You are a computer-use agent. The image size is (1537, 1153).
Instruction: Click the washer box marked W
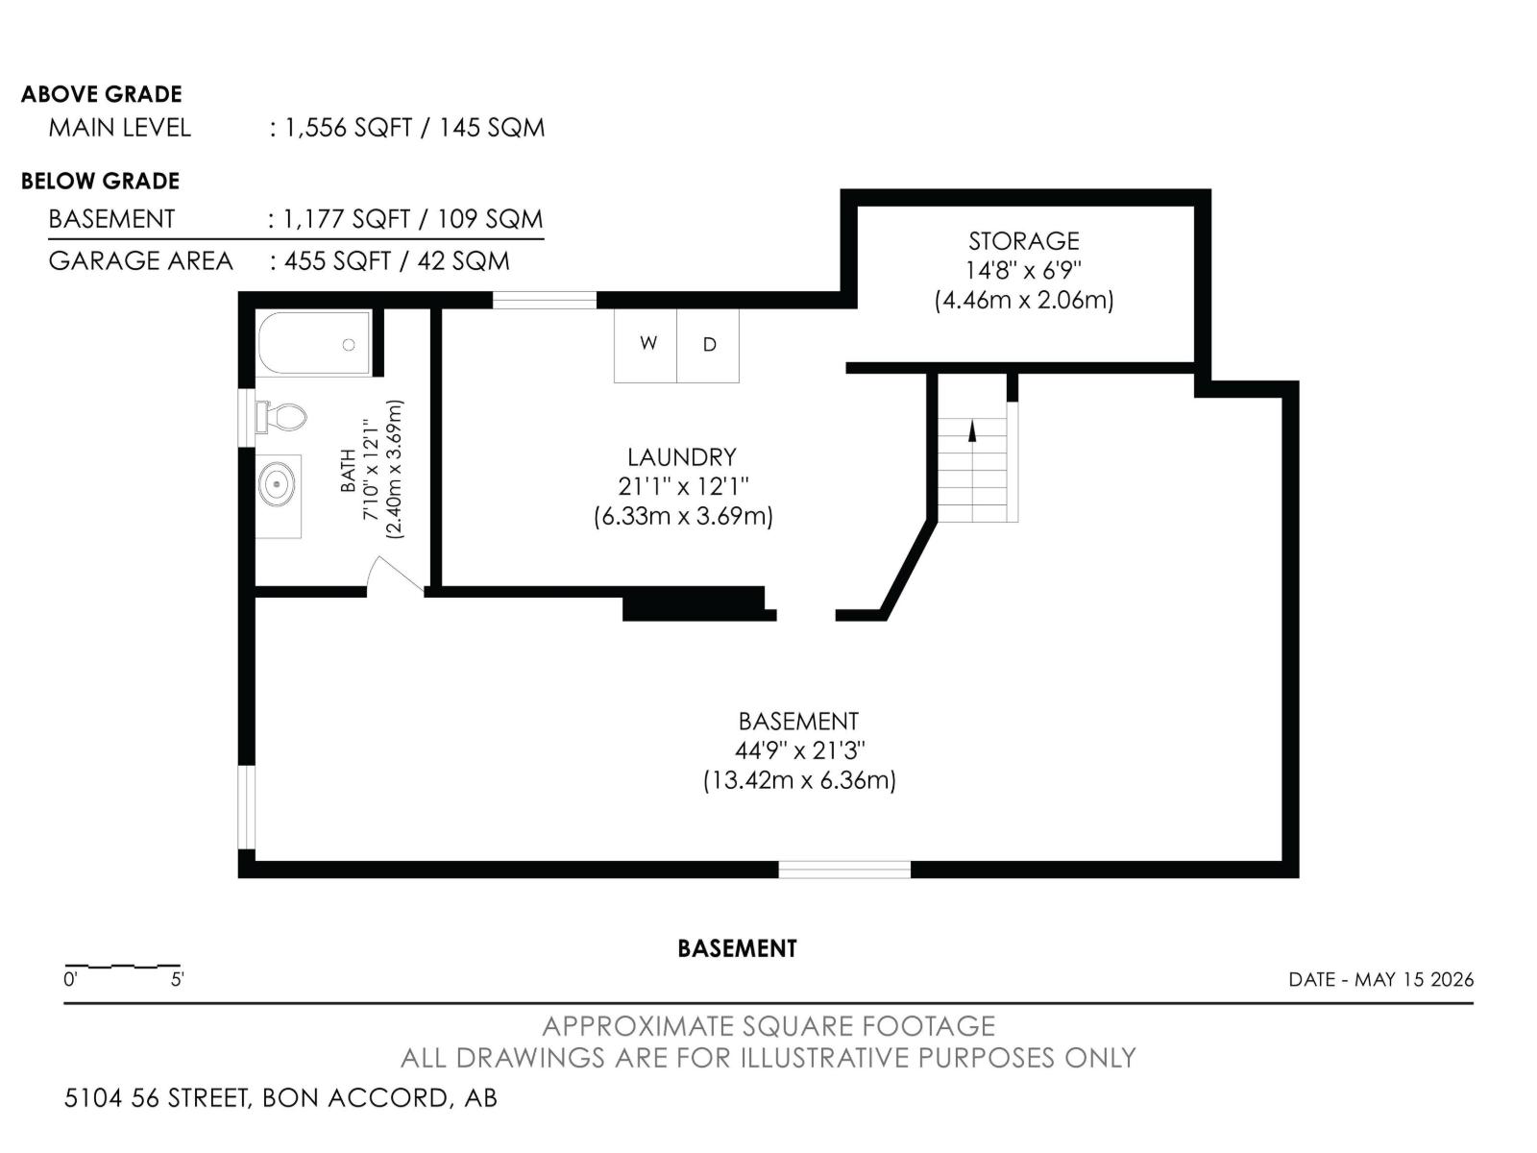tap(646, 345)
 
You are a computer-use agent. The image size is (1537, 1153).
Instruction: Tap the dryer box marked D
tap(708, 345)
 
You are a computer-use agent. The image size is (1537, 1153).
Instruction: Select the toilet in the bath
tap(281, 417)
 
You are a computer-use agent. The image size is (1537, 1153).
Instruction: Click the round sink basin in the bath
tap(278, 484)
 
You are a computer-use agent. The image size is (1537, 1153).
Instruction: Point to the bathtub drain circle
tap(349, 344)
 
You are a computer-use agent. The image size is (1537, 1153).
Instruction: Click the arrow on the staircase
tap(972, 430)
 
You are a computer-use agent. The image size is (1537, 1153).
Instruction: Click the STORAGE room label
tap(1024, 241)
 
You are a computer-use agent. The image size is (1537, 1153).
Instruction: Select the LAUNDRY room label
tap(682, 458)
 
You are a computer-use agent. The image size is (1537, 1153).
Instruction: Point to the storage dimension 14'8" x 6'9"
tap(1024, 270)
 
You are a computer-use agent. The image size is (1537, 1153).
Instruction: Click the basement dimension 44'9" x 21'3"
tap(799, 750)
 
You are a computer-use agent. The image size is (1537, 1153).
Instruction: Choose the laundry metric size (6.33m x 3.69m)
tap(683, 517)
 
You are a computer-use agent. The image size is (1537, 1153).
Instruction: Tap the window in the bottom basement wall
tap(844, 870)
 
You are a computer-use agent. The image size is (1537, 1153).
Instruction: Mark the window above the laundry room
tap(545, 301)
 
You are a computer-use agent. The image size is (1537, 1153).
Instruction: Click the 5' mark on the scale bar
tap(177, 979)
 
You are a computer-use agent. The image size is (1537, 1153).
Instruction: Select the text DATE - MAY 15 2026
tap(1380, 979)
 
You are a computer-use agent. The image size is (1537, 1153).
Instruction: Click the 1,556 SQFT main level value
tap(348, 128)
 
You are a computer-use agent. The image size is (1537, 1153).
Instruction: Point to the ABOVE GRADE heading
tap(102, 94)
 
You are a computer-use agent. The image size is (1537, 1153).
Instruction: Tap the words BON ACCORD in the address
tap(355, 1097)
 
